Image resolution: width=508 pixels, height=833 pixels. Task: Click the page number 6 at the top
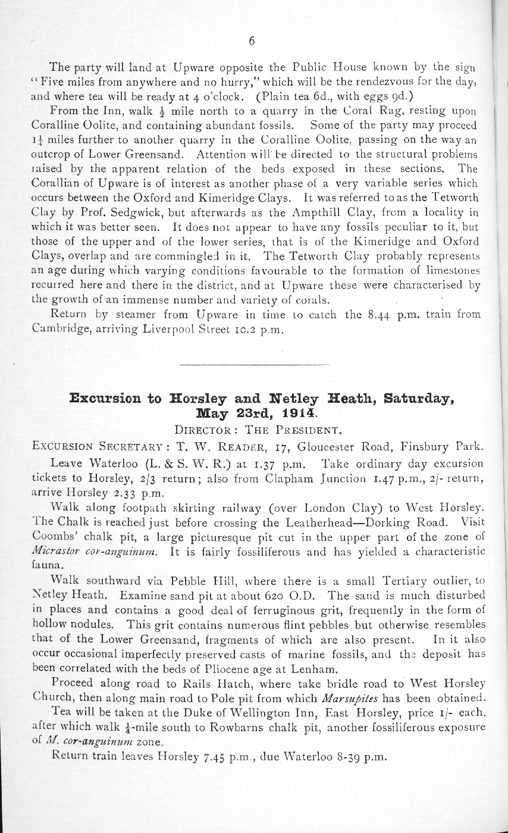[252, 41]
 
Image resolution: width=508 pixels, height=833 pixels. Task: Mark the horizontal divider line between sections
[254, 364]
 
